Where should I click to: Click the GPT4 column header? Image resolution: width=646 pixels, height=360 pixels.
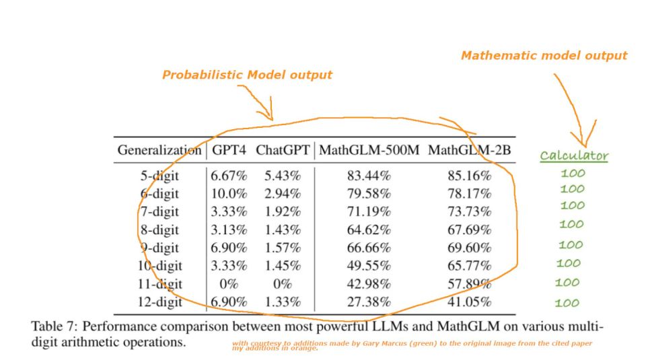(x=229, y=150)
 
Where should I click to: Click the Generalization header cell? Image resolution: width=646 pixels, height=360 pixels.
(x=159, y=150)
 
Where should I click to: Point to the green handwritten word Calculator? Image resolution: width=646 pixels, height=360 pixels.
(x=574, y=156)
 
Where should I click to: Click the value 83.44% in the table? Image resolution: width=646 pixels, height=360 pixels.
(x=369, y=176)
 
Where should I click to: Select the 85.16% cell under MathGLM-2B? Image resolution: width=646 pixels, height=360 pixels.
(x=469, y=176)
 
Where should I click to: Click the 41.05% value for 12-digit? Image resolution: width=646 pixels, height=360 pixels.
(x=469, y=302)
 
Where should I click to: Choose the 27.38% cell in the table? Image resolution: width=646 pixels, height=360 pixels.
(x=369, y=302)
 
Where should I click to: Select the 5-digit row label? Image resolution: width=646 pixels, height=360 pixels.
(x=159, y=176)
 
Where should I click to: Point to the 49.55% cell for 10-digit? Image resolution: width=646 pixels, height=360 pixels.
(x=369, y=266)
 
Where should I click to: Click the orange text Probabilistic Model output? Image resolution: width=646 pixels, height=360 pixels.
(x=247, y=75)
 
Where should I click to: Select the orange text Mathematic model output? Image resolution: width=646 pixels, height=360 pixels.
(x=544, y=56)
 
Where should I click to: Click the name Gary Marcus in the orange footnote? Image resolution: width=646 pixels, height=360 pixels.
(x=397, y=344)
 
